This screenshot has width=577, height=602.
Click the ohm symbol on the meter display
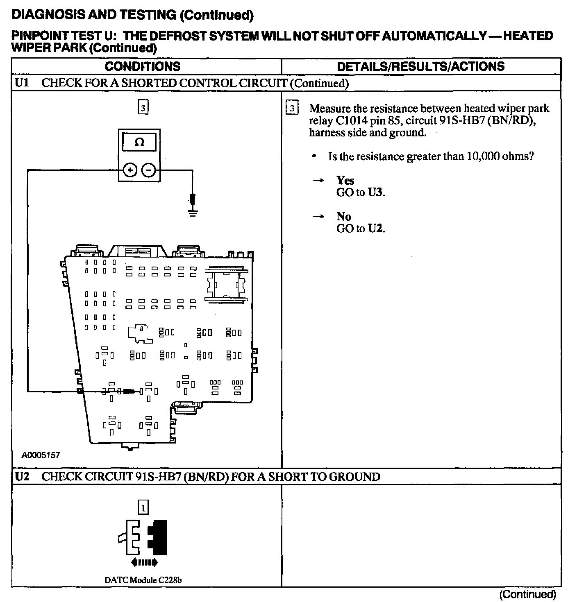click(139, 143)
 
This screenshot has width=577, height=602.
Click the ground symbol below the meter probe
click(192, 212)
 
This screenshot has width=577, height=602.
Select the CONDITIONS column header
click(142, 66)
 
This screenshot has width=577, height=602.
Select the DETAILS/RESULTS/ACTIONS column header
click(420, 66)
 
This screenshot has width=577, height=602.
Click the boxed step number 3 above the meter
click(143, 108)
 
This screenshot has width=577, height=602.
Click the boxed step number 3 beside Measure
click(292, 109)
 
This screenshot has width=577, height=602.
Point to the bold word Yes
click(345, 180)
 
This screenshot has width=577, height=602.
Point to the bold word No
click(343, 216)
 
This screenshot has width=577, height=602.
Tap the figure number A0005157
click(41, 455)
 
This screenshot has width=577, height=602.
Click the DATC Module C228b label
click(143, 580)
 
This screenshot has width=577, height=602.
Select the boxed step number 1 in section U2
click(143, 508)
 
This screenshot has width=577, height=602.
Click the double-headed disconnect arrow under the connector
click(143, 563)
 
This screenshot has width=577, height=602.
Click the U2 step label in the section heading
click(21, 477)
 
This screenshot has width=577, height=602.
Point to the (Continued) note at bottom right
click(527, 594)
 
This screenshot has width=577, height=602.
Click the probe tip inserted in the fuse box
click(129, 392)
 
